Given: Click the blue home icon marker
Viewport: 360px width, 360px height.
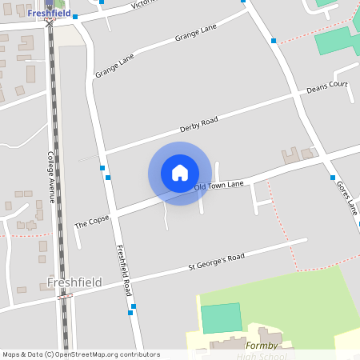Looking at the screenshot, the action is click(x=180, y=173).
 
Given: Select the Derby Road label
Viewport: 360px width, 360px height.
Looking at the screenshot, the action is click(x=198, y=126).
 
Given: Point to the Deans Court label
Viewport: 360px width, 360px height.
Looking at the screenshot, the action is click(x=327, y=87).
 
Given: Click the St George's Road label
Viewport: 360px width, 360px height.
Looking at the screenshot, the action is click(x=216, y=261).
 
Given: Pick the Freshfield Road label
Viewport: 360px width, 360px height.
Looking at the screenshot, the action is click(x=123, y=270).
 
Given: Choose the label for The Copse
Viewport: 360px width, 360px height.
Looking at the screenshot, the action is click(x=91, y=221).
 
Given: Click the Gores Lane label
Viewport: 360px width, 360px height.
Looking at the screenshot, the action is click(x=346, y=198).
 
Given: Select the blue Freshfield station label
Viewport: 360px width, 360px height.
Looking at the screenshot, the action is click(x=50, y=13).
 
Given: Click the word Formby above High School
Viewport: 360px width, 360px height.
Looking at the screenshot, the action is click(x=261, y=345).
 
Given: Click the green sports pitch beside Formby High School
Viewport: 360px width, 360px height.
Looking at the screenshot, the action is click(x=220, y=318).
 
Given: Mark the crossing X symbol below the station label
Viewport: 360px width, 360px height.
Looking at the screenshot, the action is click(x=50, y=24).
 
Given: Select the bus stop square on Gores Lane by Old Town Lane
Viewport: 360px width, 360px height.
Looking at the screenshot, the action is click(x=332, y=178).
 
